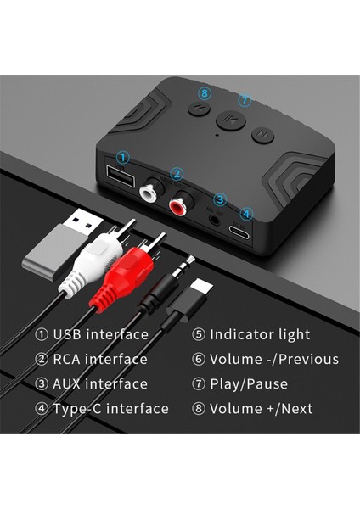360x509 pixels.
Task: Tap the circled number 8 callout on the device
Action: pyautogui.click(x=205, y=92)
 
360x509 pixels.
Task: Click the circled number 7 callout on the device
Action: pyautogui.click(x=245, y=100)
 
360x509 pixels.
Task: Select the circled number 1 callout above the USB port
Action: pyautogui.click(x=123, y=158)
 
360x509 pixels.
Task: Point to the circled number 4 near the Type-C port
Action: pyautogui.click(x=245, y=215)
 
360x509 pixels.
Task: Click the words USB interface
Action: pyautogui.click(x=100, y=334)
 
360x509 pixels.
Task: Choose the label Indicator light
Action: pyautogui.click(x=260, y=334)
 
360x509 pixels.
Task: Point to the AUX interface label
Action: pyautogui.click(x=100, y=384)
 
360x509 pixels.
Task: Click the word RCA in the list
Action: pyautogui.click(x=69, y=360)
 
